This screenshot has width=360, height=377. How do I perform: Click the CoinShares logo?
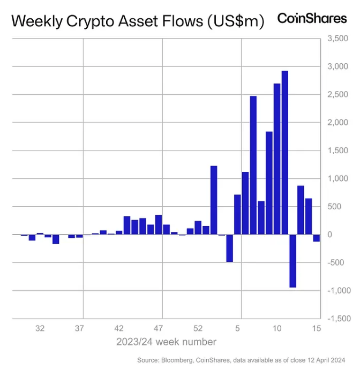(x=312, y=18)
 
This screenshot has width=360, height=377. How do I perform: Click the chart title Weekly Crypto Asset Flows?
(x=138, y=21)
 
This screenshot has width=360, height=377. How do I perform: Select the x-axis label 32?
(x=40, y=329)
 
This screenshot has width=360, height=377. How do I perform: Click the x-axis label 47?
(x=159, y=329)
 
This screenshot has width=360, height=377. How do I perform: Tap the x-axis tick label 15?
(x=316, y=329)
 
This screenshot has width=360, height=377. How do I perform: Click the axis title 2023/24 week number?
(x=166, y=342)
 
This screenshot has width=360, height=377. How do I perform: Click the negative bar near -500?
(x=229, y=248)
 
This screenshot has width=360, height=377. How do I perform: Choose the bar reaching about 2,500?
(x=253, y=165)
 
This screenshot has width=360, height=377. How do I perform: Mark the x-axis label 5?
(x=238, y=329)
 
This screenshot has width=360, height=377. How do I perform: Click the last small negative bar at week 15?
(x=316, y=238)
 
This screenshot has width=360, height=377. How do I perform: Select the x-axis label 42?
(x=119, y=329)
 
